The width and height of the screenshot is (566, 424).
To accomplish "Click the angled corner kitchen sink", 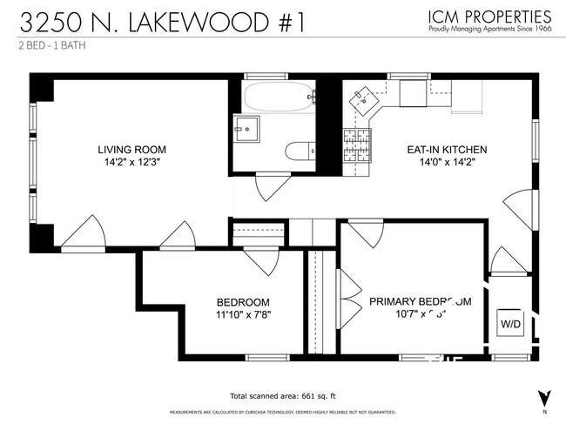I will (x=362, y=105).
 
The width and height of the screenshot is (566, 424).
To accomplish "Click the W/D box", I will (x=509, y=323).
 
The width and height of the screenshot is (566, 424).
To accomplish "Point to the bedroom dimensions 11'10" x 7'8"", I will (x=244, y=314).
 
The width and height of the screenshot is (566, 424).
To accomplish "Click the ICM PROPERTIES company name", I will (x=490, y=16).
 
